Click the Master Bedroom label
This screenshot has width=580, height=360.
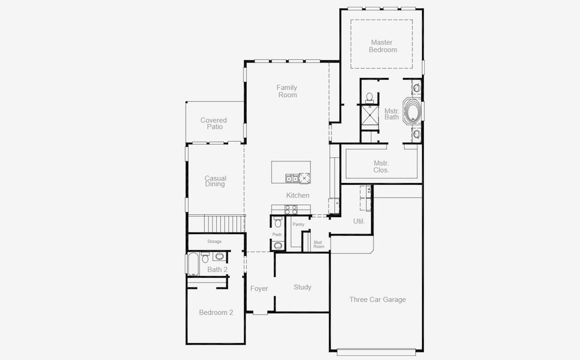tap(382, 46)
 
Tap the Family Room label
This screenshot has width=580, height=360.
tap(286, 91)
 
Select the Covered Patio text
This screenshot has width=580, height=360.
tap(213, 124)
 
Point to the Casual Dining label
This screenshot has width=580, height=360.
tap(215, 181)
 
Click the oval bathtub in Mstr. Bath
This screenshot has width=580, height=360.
tap(412, 112)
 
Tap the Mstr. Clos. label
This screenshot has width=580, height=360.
tap(381, 166)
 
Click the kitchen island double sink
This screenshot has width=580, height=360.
tap(292, 178)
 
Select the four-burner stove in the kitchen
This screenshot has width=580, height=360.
tap(291, 209)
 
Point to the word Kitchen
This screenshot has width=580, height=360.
tap(298, 196)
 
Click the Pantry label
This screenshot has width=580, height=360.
tap(298, 224)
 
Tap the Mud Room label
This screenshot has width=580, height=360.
tap(319, 244)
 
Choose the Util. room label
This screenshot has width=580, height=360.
tap(359, 221)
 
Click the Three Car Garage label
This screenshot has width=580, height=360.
tap(378, 299)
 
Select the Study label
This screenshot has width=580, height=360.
tap(303, 287)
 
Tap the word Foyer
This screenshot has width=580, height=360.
tap(259, 289)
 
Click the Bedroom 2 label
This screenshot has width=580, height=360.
tap(216, 313)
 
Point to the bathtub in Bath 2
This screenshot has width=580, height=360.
tap(193, 264)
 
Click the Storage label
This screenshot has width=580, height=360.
tap(214, 241)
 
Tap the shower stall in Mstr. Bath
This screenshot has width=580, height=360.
tap(369, 114)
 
